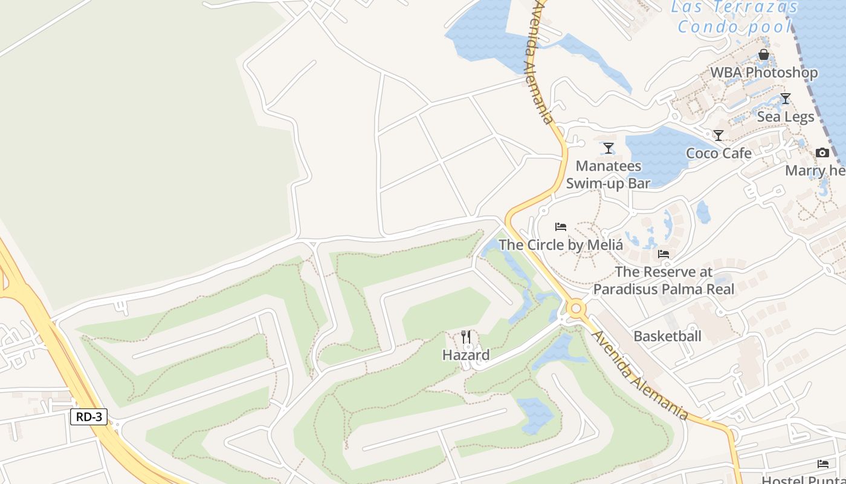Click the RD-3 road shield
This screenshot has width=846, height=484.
click(89, 417)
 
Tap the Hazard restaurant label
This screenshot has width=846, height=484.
click(466, 355)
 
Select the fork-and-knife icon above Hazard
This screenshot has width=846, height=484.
click(466, 337)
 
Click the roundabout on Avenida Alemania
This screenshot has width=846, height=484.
click(575, 309)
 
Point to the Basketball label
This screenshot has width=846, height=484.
click(667, 336)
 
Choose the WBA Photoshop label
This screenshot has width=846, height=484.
click(764, 73)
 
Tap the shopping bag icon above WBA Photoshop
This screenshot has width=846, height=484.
click(764, 55)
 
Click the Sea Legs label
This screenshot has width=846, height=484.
click(786, 117)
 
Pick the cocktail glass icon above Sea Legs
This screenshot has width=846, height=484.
click(786, 99)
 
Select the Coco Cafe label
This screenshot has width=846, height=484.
click(718, 153)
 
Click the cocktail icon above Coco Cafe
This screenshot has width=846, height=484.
click(718, 136)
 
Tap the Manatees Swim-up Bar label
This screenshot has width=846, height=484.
click(608, 174)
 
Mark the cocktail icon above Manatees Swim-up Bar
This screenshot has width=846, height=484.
click(609, 148)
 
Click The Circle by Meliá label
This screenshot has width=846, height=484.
click(560, 245)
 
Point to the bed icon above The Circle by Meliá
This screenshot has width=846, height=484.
click(561, 227)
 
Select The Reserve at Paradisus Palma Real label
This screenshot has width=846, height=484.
click(664, 281)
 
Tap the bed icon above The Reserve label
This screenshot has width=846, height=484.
click(664, 254)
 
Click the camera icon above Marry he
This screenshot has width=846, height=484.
click(822, 153)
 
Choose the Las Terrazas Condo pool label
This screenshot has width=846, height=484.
click(734, 17)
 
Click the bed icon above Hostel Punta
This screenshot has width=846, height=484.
click(823, 464)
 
